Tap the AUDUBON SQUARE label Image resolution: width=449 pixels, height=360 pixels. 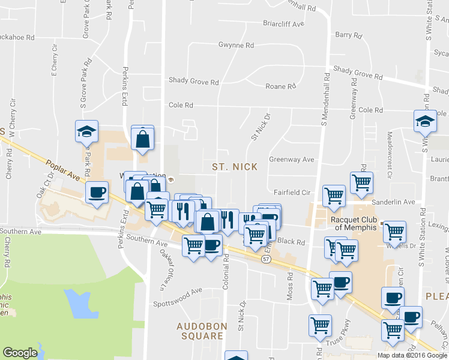[x=200, y=331]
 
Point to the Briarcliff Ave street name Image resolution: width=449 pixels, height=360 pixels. [x=284, y=25]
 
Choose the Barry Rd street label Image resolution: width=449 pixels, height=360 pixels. [x=349, y=35]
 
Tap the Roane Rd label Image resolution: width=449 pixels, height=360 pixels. [x=282, y=86]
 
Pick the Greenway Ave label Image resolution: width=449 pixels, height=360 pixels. [x=292, y=160]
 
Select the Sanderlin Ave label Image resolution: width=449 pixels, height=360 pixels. [x=393, y=203]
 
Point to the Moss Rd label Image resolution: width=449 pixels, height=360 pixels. [x=291, y=288]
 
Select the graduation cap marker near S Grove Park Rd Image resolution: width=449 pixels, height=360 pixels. [x=86, y=131]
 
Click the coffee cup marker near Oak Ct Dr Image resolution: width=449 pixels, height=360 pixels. [x=97, y=193]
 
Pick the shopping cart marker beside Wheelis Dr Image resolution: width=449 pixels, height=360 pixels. [x=394, y=231]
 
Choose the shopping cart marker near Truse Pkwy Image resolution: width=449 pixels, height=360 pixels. [x=320, y=326]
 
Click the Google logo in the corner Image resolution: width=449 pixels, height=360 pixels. [x=20, y=353]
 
